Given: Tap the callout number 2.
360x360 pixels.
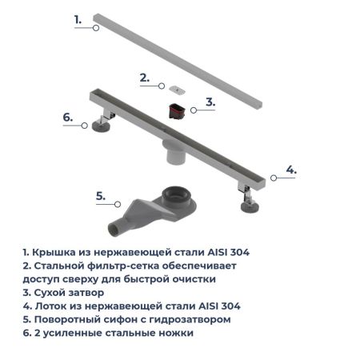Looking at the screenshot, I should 144,78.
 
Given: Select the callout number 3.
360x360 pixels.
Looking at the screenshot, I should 210,102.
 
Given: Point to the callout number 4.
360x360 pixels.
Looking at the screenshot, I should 291,170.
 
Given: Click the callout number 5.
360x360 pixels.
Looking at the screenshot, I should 100,196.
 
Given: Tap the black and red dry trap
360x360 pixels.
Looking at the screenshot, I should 175,110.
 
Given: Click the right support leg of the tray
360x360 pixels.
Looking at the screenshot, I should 246,197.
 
